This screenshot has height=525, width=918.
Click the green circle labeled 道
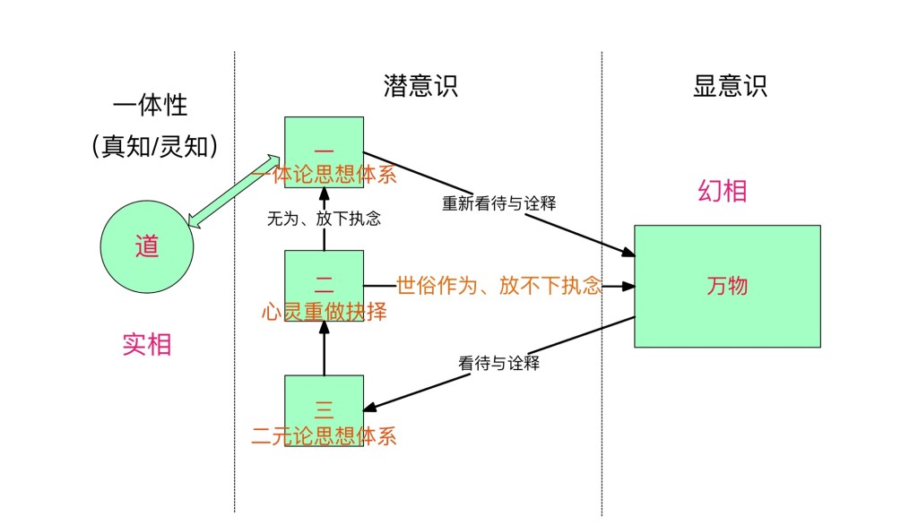click(146, 245)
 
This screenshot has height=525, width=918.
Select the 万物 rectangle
click(727, 286)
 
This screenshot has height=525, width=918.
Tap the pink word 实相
click(147, 344)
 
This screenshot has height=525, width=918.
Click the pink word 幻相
click(723, 191)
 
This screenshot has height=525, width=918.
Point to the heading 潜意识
click(420, 86)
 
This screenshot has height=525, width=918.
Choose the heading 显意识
click(730, 86)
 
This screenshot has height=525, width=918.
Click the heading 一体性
click(151, 105)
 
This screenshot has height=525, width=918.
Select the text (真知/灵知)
click(154, 146)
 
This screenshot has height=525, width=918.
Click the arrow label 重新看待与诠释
click(498, 203)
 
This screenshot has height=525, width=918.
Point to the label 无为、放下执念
click(324, 218)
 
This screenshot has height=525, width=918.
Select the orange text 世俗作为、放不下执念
click(498, 286)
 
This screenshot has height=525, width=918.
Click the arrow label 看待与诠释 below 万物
click(498, 364)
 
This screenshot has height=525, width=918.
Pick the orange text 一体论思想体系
click(325, 174)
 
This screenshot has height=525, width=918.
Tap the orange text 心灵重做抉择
click(325, 312)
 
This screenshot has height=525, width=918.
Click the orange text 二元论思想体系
click(325, 436)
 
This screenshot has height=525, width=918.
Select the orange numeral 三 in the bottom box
click(325, 410)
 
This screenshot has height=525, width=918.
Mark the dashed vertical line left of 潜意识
click(235, 358)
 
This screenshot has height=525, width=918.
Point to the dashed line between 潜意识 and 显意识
click(602, 403)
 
